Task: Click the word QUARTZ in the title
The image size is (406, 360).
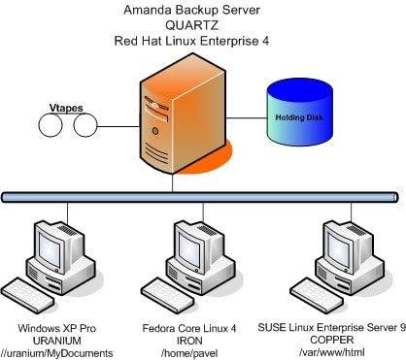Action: click(191, 25)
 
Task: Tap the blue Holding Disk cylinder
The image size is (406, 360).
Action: click(300, 112)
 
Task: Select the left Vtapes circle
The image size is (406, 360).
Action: click(51, 125)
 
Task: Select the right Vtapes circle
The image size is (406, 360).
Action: click(85, 125)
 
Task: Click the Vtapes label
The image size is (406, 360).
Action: click(66, 108)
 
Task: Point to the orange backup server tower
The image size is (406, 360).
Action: click(183, 114)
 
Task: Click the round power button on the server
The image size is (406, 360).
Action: click(155, 131)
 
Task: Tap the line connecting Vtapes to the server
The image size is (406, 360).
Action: click(118, 126)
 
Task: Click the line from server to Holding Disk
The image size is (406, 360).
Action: click(247, 117)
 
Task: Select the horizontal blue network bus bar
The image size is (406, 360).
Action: click(200, 197)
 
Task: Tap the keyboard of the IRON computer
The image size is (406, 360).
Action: click(168, 295)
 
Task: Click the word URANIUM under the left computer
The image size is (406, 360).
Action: click(57, 341)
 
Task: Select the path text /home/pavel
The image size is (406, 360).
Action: click(189, 353)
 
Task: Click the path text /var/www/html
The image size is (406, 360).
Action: click(332, 352)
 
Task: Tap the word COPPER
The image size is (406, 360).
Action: click(332, 340)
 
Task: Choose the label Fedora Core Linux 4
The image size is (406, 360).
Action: click(189, 328)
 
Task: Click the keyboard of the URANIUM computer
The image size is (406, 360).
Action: click(27, 295)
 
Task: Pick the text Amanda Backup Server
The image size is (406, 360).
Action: click(191, 10)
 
